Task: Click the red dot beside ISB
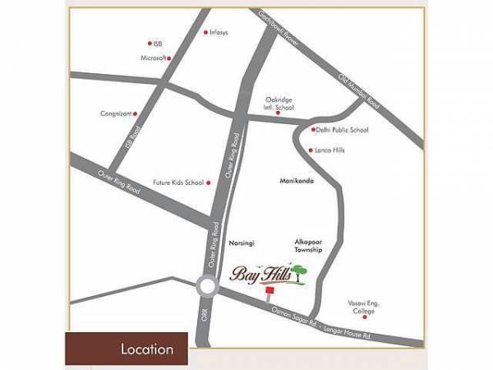tap(150, 44)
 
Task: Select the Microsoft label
tap(154, 58)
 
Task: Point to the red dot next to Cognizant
tap(135, 114)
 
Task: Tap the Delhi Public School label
tap(343, 130)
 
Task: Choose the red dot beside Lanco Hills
tap(310, 150)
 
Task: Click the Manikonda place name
tap(297, 179)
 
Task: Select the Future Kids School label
tap(177, 183)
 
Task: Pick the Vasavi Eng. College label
tap(359, 308)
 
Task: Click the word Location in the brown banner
tap(147, 349)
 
